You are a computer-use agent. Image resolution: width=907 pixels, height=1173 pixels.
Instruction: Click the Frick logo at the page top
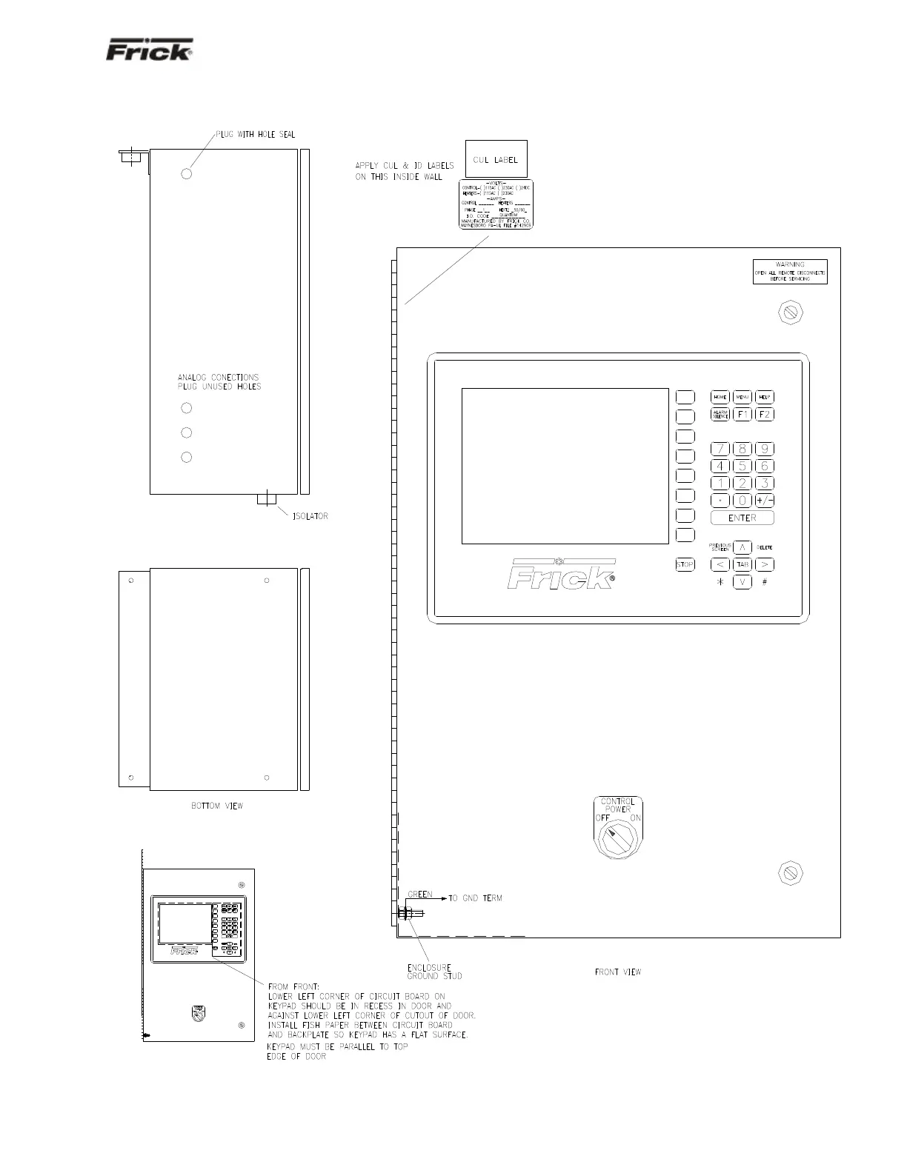pyautogui.click(x=150, y=50)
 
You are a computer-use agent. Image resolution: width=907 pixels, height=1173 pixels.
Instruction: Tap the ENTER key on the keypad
pyautogui.click(x=742, y=518)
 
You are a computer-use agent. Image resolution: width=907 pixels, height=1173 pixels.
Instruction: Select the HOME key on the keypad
pyautogui.click(x=720, y=397)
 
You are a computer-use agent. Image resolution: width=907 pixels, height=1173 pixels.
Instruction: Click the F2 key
pyautogui.click(x=765, y=415)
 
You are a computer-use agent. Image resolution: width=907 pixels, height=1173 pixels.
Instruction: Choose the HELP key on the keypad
pyautogui.click(x=765, y=397)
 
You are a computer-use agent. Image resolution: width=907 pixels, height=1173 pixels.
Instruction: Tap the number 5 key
pyautogui.click(x=742, y=466)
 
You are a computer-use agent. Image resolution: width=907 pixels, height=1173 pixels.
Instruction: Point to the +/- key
pyautogui.click(x=765, y=501)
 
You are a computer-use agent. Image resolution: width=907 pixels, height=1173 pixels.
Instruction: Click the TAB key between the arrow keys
pyautogui.click(x=742, y=564)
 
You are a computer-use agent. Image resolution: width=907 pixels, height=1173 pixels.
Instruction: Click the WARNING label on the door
pyautogui.click(x=790, y=271)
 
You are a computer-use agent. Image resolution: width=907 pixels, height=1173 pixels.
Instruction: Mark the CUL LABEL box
pyautogui.click(x=496, y=159)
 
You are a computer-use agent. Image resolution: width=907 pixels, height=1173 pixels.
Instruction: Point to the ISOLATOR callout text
pyautogui.click(x=309, y=516)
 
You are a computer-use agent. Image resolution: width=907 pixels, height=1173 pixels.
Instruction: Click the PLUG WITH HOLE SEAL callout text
pyautogui.click(x=256, y=134)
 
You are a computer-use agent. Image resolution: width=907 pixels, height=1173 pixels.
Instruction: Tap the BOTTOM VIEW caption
pyautogui.click(x=217, y=806)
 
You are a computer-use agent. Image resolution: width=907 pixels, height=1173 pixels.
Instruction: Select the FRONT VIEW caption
pyautogui.click(x=618, y=972)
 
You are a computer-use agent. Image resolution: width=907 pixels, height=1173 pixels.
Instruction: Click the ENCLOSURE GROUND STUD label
pyautogui.click(x=434, y=972)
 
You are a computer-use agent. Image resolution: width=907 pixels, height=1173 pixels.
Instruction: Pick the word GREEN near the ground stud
pyautogui.click(x=420, y=895)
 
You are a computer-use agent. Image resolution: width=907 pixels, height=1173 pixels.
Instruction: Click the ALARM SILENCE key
pyautogui.click(x=720, y=415)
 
